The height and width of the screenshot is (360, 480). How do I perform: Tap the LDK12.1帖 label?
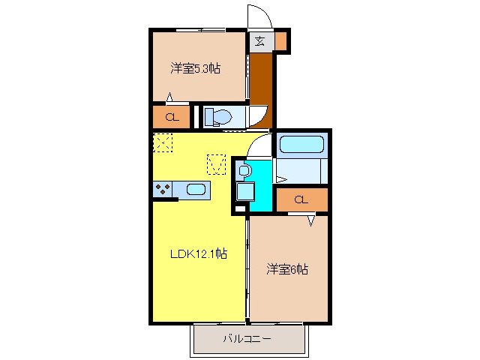click(x=197, y=253)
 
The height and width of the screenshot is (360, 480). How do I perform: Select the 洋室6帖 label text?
click(x=287, y=268)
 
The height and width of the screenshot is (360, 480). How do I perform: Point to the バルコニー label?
click(x=247, y=338)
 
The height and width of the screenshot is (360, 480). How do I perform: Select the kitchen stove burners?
click(x=163, y=189)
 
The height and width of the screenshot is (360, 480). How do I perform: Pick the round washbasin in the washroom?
click(x=244, y=171)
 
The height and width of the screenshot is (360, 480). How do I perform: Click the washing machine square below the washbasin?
click(x=244, y=191)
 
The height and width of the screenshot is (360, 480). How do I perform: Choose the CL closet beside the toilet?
click(x=171, y=117)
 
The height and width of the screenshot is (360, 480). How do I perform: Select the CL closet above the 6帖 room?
click(x=301, y=200)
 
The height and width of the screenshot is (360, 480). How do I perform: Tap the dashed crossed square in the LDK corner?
click(x=163, y=142)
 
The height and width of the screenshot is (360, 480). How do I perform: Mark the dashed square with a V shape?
click(x=217, y=163)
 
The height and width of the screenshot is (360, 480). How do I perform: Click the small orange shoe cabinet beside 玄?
click(x=280, y=41)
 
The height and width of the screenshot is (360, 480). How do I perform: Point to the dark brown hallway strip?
click(x=259, y=82)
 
